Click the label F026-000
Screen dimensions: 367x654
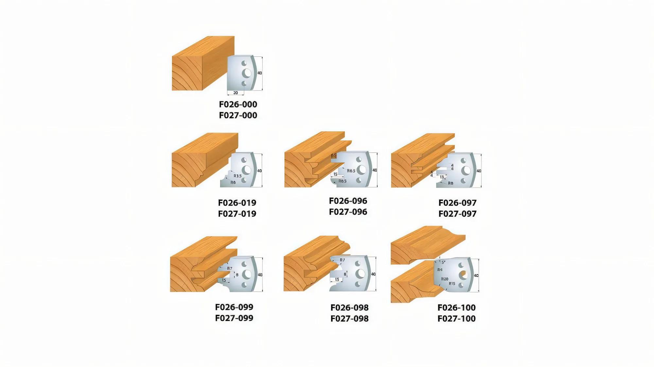point(238,104)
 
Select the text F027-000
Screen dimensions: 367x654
point(238,115)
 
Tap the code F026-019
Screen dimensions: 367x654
point(237,203)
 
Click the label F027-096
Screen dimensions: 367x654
point(348,212)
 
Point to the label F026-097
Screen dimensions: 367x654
point(457,203)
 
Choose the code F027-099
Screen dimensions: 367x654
point(234,318)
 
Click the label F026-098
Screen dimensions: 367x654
point(349,308)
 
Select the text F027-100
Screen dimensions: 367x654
point(456,319)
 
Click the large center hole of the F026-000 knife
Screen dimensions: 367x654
point(246,73)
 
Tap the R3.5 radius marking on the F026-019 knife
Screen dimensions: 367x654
point(237,176)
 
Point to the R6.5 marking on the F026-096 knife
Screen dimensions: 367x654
point(351,171)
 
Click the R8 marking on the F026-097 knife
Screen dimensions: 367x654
point(451,183)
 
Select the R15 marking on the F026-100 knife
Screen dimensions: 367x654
point(452,283)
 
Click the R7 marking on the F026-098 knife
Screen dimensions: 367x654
point(342,260)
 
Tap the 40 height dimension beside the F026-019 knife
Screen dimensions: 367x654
point(259,171)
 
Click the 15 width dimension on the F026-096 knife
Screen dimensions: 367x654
point(335,174)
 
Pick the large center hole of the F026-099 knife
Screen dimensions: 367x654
point(245,275)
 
